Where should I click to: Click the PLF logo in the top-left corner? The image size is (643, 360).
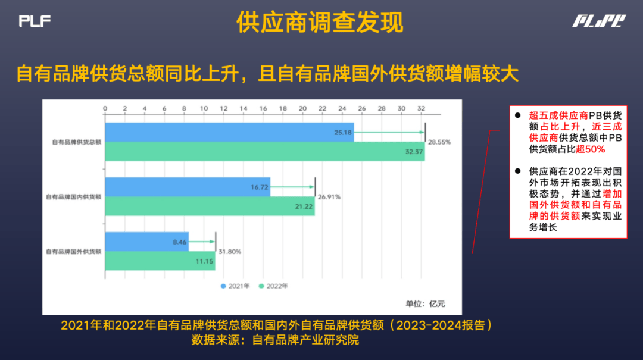(x=35, y=21)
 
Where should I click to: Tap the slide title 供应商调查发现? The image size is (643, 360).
(x=320, y=22)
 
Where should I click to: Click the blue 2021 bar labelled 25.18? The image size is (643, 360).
(x=229, y=133)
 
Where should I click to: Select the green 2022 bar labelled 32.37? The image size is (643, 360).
(x=265, y=151)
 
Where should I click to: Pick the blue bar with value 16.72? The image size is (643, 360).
(x=188, y=187)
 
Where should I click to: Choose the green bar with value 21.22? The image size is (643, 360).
(x=210, y=206)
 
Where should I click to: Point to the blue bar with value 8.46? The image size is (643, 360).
(x=147, y=242)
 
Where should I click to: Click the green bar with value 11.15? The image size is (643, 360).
(x=160, y=261)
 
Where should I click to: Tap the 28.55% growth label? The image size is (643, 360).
(x=439, y=142)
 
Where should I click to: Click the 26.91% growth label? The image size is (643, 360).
(x=329, y=197)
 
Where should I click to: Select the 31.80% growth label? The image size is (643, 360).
(x=230, y=252)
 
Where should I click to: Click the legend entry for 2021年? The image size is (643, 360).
(x=235, y=286)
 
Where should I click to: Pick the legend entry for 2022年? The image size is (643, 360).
(x=273, y=286)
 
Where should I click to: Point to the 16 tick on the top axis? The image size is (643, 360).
(x=263, y=109)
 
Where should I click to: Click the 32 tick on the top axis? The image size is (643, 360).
(x=421, y=109)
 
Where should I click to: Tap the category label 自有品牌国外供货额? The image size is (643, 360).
(x=73, y=251)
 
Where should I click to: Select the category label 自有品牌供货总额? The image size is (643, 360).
(x=76, y=142)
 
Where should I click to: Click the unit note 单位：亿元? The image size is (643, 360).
(x=425, y=304)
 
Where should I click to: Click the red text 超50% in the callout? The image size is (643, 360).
(x=591, y=149)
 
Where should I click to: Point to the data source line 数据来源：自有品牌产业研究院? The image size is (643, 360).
(x=275, y=340)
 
